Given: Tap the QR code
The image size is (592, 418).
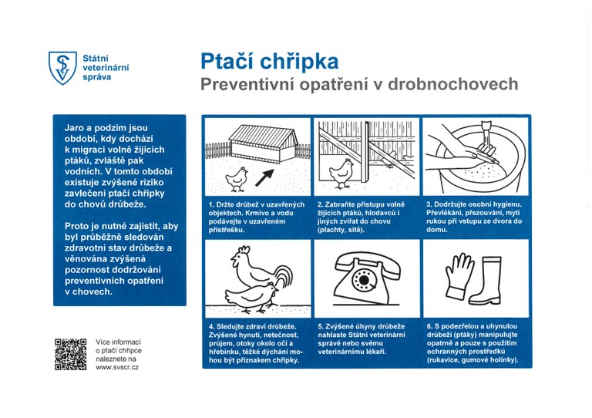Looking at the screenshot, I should tap(70, 354).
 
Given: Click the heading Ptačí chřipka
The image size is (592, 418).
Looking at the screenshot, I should tap(269, 61).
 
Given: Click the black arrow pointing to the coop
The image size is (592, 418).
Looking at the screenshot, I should tap(264, 178).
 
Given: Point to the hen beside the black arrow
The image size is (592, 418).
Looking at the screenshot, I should tap(238, 178).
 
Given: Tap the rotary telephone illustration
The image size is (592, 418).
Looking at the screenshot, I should tap(366, 273).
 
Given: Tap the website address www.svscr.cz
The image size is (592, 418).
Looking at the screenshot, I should tap(116, 367).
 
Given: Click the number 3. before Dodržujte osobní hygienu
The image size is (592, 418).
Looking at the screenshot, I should tap(429, 204).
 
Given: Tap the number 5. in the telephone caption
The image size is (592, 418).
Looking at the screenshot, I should tap(321, 326).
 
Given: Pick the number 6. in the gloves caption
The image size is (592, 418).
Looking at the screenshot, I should tap(429, 326).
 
